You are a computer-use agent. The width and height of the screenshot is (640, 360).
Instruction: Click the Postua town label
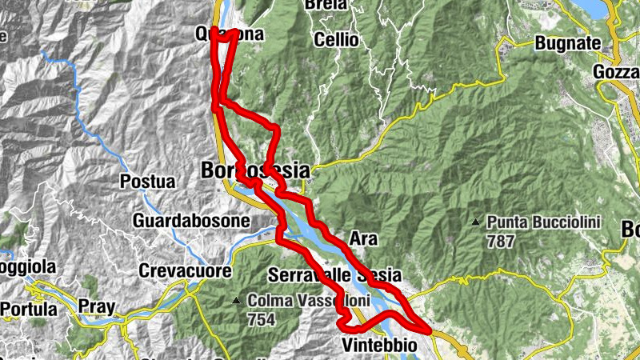(147, 182)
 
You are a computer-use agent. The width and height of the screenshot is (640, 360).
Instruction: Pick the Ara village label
(363, 238)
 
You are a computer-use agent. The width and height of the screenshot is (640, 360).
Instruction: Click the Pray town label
(96, 306)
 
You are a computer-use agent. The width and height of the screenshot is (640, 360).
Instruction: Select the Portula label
(29, 309)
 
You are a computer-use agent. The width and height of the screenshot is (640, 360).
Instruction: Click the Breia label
(326, 5)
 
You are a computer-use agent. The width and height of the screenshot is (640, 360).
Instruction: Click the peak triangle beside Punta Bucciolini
(476, 222)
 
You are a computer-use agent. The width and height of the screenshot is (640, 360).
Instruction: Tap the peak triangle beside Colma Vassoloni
(237, 302)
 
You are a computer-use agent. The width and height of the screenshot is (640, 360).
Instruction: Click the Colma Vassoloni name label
(298, 302)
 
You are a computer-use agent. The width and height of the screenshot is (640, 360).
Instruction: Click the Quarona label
(229, 34)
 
